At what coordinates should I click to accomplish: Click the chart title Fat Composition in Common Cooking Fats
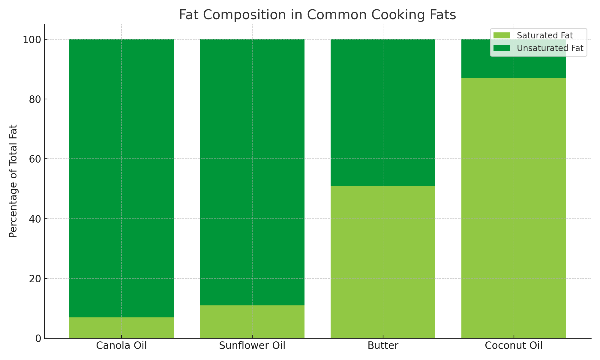coord(317,15)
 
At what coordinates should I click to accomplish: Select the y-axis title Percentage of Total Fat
coord(13,181)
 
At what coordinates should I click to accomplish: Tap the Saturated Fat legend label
coord(545,36)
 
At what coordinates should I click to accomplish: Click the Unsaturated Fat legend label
coord(550,48)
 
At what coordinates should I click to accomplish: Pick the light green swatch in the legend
coord(502,36)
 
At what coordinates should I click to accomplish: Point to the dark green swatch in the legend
coord(502,48)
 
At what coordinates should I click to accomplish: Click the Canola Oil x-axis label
coord(121,346)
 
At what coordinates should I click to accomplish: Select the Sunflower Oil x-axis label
coord(252,346)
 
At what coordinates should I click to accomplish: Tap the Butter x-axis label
coord(383,346)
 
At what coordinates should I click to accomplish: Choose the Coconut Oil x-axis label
coord(514,346)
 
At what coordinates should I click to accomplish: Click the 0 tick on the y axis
coord(38,338)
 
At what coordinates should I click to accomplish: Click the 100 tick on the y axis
coord(32,40)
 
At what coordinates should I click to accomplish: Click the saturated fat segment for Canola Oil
coord(121,328)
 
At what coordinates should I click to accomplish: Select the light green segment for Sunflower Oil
coord(252,322)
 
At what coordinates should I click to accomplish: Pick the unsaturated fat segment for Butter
coord(383,112)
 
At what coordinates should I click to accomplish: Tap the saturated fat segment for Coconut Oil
coord(514,208)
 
